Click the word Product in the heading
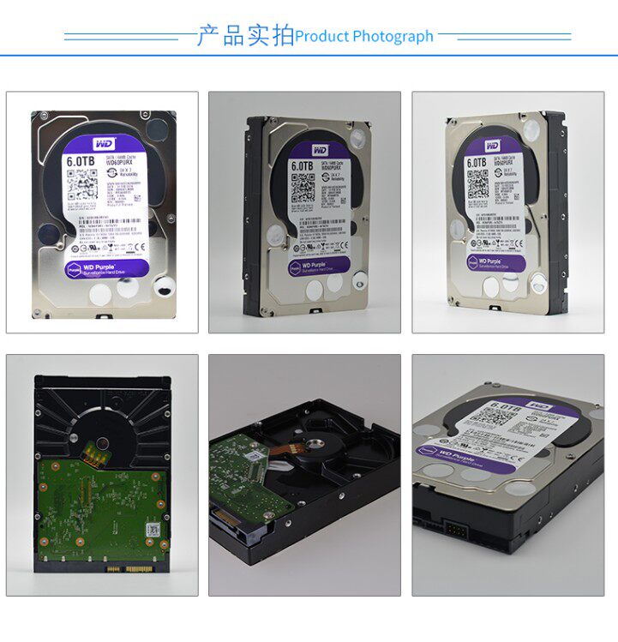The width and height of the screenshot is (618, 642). [321, 37]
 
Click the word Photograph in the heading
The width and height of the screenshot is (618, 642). [393, 37]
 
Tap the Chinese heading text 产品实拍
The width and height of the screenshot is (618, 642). [245, 36]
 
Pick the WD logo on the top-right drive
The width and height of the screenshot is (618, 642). [492, 147]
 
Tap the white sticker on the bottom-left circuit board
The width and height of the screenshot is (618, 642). [151, 531]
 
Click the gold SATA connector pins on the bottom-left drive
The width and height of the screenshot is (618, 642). [129, 568]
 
